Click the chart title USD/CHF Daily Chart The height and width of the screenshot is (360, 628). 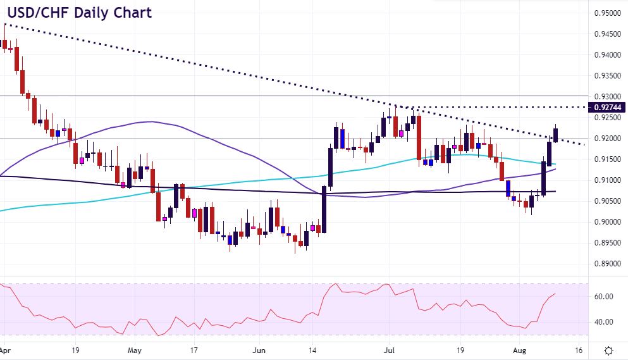[x=77, y=13]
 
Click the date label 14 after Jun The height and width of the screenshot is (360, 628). [x=312, y=349]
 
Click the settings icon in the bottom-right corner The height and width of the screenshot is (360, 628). [x=608, y=350]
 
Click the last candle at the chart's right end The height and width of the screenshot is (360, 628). [x=556, y=135]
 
